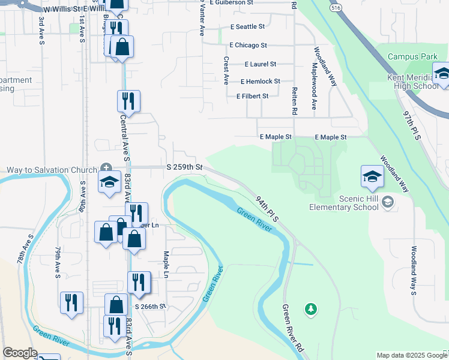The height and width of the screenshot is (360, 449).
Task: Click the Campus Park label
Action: click(x=412, y=57)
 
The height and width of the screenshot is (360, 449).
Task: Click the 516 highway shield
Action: click(x=336, y=8)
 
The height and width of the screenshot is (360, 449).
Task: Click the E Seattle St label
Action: click(x=248, y=27)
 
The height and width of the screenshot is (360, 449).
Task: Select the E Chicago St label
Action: click(x=248, y=45)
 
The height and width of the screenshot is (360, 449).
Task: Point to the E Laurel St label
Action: click(x=261, y=64)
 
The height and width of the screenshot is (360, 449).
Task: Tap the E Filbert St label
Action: click(x=252, y=96)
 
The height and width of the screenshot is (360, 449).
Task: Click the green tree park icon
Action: click(x=310, y=308)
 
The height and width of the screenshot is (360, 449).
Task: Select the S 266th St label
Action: click(x=149, y=307)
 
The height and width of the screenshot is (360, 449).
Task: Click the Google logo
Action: click(x=20, y=353)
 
